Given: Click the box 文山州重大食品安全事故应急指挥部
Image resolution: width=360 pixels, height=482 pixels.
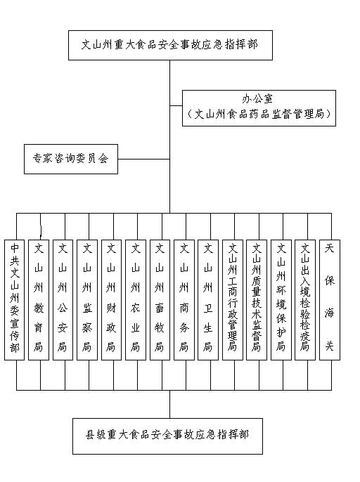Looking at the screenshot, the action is [x=170, y=45].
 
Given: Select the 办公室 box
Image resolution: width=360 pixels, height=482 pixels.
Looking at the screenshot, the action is [x=259, y=108].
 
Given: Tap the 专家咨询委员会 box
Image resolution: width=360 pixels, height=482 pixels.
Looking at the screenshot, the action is [x=71, y=159].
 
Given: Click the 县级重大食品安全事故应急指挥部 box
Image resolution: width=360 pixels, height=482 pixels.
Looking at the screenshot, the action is [x=167, y=436].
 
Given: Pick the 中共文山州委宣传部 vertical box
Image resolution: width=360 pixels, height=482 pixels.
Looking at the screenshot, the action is [x=15, y=300].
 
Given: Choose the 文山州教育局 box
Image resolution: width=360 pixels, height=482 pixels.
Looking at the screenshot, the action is [x=39, y=300].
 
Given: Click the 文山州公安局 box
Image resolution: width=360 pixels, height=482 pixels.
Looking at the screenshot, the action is [x=63, y=300].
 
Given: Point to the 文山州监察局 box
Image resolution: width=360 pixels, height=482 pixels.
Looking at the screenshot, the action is [x=87, y=300].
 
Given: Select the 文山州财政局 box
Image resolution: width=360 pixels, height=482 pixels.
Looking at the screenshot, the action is [x=111, y=300].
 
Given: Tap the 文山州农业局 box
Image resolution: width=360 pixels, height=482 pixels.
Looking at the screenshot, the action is [x=136, y=300].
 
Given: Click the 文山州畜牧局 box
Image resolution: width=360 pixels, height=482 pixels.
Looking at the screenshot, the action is [x=160, y=300].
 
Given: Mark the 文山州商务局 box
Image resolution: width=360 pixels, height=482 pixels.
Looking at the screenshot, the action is [x=184, y=300].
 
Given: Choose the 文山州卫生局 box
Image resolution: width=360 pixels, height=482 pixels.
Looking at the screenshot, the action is [x=208, y=300].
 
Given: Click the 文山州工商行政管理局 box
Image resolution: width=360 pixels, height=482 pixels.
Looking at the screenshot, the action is [x=233, y=300].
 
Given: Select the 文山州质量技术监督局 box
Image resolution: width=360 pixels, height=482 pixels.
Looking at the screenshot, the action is [x=257, y=300].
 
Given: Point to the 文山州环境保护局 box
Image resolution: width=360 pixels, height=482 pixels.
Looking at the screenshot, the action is [x=281, y=300].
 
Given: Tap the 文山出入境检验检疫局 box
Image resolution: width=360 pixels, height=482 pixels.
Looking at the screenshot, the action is [x=305, y=300].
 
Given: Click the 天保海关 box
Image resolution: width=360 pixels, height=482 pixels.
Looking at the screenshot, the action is [x=330, y=300].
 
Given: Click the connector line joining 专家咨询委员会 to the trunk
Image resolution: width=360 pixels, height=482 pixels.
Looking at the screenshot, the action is [x=143, y=159].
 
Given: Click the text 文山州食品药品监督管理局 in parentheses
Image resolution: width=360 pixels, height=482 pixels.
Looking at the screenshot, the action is [x=259, y=115].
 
